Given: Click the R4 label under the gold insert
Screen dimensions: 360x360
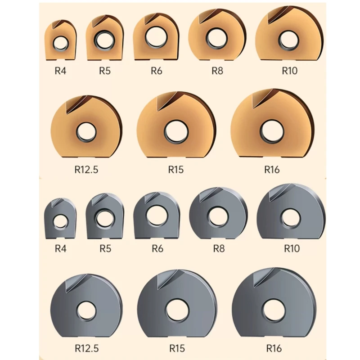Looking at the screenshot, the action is tap(60, 71).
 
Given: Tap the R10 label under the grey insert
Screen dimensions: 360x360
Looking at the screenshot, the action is tap(292, 248).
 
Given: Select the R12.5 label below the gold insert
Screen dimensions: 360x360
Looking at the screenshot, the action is tap(86, 170).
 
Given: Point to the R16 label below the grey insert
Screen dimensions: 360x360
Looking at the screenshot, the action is tap(274, 348).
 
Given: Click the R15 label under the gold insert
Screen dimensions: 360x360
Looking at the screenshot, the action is tap(176, 170).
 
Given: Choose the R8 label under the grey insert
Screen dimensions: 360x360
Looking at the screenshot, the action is tap(219, 248).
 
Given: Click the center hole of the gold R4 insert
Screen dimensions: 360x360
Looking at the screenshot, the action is tap(61, 43).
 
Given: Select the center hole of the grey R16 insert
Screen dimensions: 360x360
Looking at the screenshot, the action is tap(274, 310).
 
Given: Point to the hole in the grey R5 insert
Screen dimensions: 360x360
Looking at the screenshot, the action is tap(105, 218).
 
